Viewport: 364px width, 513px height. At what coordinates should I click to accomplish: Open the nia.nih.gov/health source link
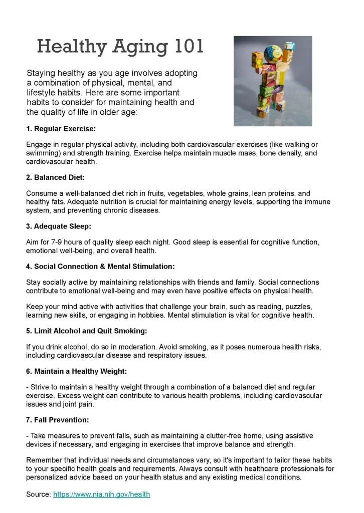point(101,494)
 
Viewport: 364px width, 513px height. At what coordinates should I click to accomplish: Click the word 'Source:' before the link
point(39,494)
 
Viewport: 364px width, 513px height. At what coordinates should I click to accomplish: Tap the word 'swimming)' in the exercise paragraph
point(43,153)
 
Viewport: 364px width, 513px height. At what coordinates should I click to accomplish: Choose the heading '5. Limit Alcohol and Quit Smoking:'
point(86,331)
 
